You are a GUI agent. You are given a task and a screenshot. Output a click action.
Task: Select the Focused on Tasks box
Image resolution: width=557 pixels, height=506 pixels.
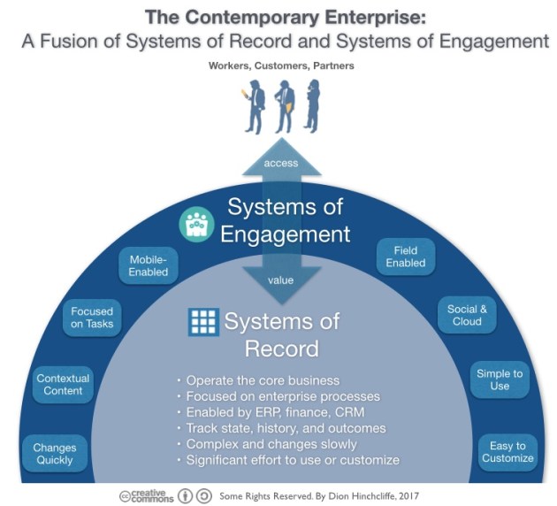pos(92,317)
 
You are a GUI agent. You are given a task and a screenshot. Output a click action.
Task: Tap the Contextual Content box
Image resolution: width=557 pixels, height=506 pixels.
pos(65,385)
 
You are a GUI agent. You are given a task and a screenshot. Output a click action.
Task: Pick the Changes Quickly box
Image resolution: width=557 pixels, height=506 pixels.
pos(55,453)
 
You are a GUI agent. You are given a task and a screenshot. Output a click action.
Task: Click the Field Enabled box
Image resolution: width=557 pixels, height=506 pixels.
pos(406,257)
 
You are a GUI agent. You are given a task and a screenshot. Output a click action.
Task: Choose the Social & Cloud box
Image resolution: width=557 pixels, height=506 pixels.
pos(467,315)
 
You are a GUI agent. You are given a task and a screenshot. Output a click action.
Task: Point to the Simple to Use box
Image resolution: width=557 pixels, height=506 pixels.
pos(500,379)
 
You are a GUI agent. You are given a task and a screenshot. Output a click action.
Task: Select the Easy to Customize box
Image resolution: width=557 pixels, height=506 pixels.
pos(508,451)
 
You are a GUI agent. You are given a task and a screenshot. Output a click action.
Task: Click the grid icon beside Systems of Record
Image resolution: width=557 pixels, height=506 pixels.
pos(203,322)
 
